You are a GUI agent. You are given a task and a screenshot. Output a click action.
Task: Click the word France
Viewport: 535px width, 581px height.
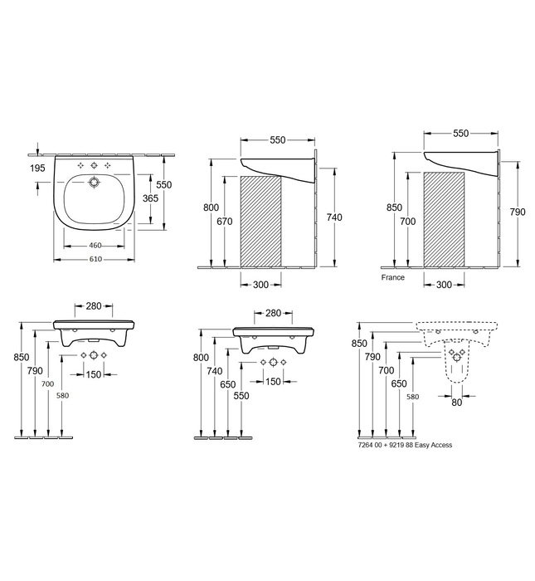coord(393,277)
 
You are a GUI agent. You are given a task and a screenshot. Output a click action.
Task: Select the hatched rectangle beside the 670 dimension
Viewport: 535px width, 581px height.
coord(260,222)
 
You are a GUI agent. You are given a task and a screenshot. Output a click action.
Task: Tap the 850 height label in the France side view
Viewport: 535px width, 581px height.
coord(395,207)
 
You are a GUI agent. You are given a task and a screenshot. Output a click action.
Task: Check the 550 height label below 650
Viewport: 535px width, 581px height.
coord(241,397)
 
